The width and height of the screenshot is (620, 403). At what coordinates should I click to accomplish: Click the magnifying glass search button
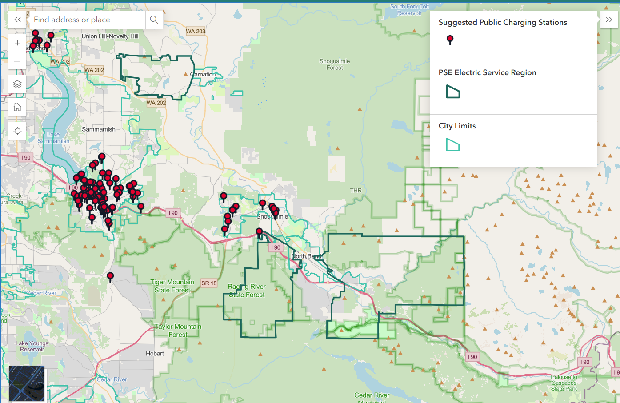pos(154,20)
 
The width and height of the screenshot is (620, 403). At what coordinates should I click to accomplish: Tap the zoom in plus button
pos(17,43)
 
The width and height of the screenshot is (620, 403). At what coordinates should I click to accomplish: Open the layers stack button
pos(17,84)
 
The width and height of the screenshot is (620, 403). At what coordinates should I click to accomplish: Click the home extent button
pos(17,107)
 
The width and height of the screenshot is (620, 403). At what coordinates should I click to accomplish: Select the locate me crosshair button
pos(17,131)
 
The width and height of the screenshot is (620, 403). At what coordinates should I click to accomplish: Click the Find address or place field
pos(87,20)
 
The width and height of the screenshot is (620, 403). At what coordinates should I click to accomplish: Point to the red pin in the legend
pos(450,40)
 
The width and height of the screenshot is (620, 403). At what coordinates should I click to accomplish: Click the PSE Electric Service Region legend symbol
pos(453,92)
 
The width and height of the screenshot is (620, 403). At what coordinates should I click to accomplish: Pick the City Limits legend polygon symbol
pos(452,145)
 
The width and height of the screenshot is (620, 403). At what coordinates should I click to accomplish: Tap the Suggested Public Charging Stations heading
pos(503,22)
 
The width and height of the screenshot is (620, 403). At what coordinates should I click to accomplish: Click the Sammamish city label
pos(99,129)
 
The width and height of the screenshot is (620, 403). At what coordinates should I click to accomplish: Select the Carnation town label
pos(203,74)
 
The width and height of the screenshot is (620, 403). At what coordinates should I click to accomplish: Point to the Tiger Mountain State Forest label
pos(172,286)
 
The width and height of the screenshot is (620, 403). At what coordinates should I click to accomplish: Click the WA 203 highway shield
pos(196,31)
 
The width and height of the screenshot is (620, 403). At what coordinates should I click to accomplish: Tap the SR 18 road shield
pos(209,283)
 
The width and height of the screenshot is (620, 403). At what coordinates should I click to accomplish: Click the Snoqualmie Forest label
pos(335,64)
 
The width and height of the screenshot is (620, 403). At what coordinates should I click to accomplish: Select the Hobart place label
pos(155,354)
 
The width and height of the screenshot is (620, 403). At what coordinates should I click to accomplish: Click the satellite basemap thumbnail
pos(27,383)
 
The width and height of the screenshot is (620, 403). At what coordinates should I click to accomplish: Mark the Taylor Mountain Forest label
pos(178,331)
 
